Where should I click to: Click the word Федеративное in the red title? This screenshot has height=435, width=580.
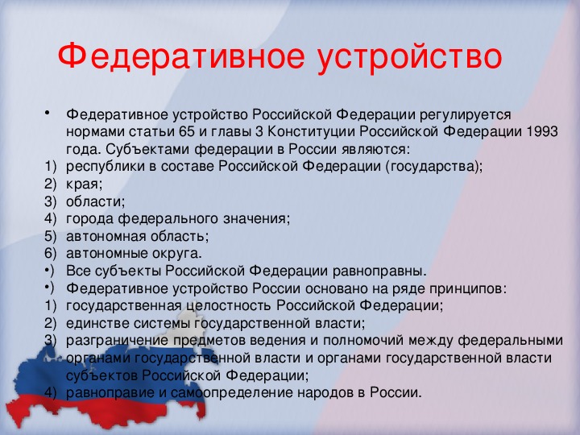click(x=181, y=56)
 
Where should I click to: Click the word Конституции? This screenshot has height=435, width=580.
click(x=312, y=131)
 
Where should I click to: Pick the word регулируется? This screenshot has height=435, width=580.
click(x=465, y=114)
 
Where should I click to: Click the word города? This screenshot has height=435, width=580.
click(x=90, y=219)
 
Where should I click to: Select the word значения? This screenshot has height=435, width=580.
click(x=255, y=219)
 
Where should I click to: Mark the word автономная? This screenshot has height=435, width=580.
click(x=106, y=236)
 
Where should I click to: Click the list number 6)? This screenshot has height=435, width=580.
click(x=50, y=254)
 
